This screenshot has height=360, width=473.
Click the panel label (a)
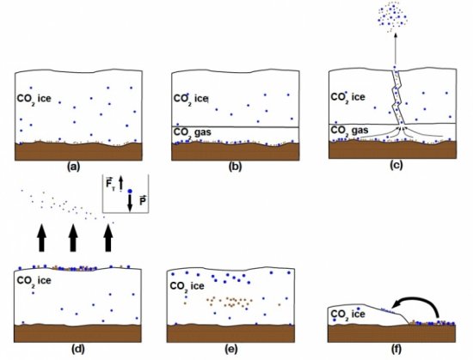(x=74, y=167)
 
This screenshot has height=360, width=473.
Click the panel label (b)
(x=236, y=167)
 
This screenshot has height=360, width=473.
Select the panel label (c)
(x=396, y=165)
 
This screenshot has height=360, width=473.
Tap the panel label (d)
(x=77, y=349)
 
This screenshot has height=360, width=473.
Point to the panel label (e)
(x=231, y=349)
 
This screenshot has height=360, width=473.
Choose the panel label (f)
(x=396, y=349)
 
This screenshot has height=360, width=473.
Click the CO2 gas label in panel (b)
(x=192, y=133)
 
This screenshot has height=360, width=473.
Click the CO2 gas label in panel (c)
(x=349, y=131)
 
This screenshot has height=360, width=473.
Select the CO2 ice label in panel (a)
(x=34, y=99)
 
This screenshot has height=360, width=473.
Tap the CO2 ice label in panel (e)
(x=187, y=286)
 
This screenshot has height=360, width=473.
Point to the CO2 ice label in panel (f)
(x=347, y=314)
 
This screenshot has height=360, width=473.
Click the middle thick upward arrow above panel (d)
(x=73, y=238)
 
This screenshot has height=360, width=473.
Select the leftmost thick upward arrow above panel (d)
(x=41, y=238)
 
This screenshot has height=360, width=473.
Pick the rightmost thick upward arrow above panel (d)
(x=108, y=238)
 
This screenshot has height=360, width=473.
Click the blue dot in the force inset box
(x=130, y=191)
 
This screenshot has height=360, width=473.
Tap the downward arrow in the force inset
(x=130, y=203)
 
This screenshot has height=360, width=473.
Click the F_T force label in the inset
(x=109, y=184)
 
